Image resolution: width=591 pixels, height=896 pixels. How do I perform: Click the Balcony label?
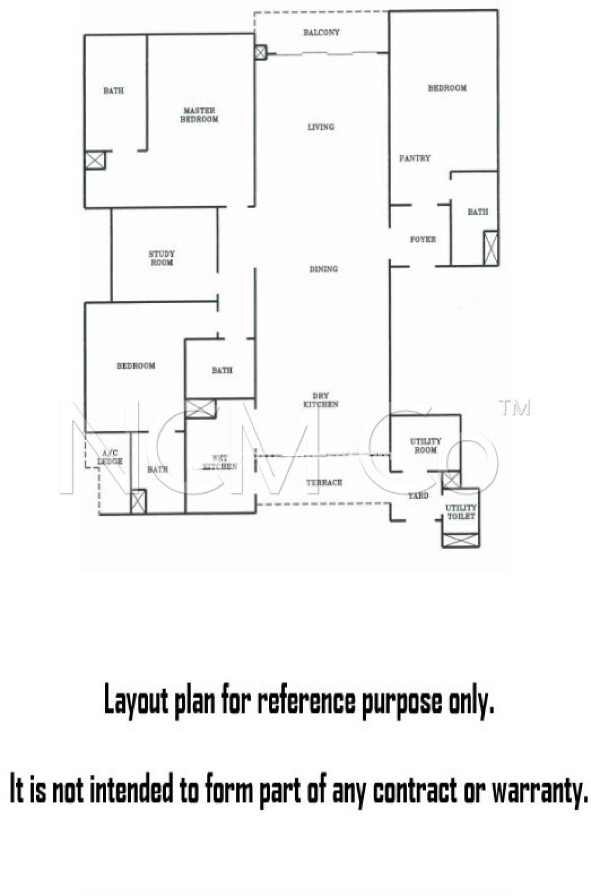(x=321, y=32)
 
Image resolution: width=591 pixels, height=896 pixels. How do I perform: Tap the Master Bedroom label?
(x=199, y=115)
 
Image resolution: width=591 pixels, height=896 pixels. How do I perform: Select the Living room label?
(x=321, y=127)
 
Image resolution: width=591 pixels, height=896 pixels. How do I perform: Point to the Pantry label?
(x=415, y=158)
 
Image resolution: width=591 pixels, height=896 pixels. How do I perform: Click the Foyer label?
(x=423, y=239)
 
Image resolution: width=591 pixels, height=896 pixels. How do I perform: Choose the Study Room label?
(x=161, y=258)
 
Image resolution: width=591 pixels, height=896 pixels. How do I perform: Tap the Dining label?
(x=323, y=269)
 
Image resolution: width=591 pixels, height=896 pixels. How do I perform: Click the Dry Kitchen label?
(x=321, y=400)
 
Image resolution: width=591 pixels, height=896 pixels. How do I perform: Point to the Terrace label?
(x=324, y=483)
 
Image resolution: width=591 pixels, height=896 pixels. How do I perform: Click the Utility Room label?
(x=425, y=445)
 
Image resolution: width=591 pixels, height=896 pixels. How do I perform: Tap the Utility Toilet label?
(x=461, y=512)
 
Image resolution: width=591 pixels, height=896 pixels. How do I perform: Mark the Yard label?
(x=418, y=496)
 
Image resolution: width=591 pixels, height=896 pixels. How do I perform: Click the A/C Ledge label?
(x=110, y=457)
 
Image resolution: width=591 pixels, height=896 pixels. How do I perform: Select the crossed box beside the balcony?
(x=261, y=53)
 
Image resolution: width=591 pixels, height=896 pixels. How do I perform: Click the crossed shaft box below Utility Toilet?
(x=461, y=540)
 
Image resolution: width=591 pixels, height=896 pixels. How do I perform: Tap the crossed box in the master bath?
(x=95, y=160)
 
